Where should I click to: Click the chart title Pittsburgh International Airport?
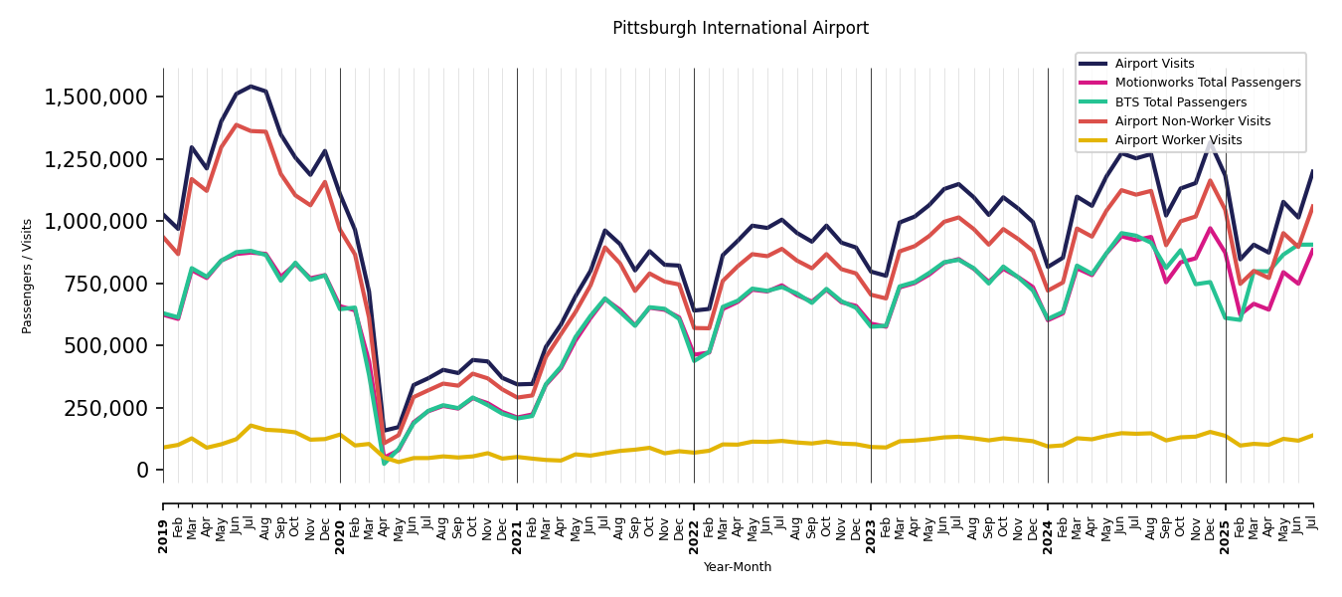[740, 29]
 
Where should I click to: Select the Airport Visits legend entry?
[1154, 64]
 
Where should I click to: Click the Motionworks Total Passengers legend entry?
[1207, 83]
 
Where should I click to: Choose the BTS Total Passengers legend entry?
[1180, 102]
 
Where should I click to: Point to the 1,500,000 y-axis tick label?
[96, 98]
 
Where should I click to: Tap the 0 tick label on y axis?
[143, 470]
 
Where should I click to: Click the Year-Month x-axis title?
[737, 567]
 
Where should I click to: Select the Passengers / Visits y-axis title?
[28, 276]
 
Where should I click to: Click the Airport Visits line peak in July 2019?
[251, 87]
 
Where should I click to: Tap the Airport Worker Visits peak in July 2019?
[251, 426]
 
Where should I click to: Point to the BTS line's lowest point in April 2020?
[384, 464]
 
